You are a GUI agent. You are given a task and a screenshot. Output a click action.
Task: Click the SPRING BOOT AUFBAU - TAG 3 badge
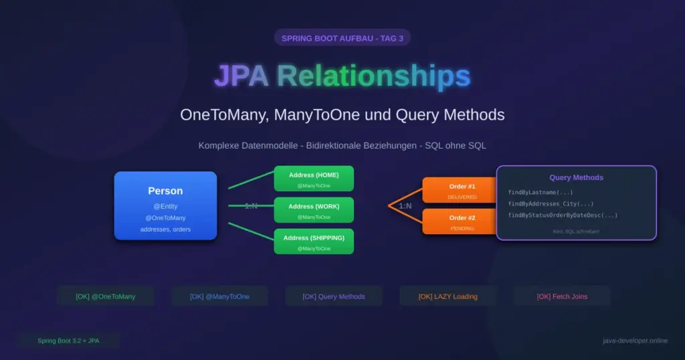click(x=342, y=38)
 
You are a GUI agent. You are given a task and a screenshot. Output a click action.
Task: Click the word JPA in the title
click(x=241, y=76)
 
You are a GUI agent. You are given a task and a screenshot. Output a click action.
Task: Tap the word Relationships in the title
click(x=374, y=76)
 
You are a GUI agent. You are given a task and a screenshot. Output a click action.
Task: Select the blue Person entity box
click(x=165, y=205)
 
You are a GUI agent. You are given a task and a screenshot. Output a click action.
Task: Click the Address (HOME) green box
click(x=314, y=179)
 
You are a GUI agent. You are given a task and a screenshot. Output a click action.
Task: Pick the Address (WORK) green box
click(x=314, y=210)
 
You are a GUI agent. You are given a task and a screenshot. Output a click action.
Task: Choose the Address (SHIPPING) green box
click(x=314, y=242)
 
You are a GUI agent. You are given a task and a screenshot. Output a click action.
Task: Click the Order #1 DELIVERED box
click(x=462, y=189)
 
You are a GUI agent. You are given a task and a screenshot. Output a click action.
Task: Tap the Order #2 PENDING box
click(x=462, y=221)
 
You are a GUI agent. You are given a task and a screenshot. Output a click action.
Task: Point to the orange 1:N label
click(x=405, y=206)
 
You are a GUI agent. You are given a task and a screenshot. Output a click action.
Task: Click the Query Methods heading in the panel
click(x=576, y=178)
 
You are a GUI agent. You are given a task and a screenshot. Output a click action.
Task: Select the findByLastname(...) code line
click(x=540, y=193)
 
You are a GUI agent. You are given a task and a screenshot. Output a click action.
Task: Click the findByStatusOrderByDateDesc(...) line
click(x=563, y=215)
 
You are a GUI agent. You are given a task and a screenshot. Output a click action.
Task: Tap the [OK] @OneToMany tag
click(x=106, y=296)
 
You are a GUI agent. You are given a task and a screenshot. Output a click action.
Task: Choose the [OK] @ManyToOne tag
click(x=219, y=296)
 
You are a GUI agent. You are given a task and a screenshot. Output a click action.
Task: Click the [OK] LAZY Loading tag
click(x=448, y=296)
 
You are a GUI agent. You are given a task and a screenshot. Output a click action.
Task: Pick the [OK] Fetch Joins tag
click(x=562, y=296)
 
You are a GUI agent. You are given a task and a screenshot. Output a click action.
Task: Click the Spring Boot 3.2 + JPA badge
click(x=68, y=341)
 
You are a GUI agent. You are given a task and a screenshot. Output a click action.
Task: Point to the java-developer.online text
click(x=635, y=341)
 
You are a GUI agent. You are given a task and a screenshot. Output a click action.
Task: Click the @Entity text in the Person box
click(x=165, y=207)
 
